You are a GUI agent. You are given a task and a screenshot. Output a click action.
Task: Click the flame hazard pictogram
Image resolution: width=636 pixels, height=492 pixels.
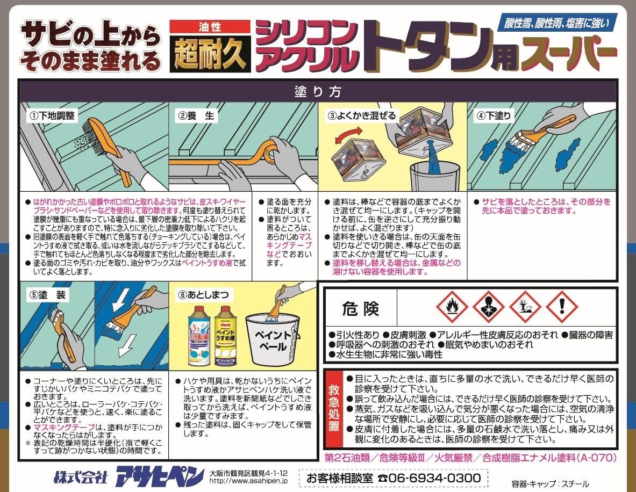click(x=451, y=307)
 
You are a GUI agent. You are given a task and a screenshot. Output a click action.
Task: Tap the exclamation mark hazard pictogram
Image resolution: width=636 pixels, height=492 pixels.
click(x=561, y=307)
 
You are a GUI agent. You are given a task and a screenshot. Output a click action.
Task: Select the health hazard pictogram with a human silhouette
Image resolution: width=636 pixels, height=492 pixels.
click(x=488, y=307)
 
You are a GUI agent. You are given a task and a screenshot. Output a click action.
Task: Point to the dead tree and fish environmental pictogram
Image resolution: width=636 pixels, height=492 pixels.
click(x=525, y=307)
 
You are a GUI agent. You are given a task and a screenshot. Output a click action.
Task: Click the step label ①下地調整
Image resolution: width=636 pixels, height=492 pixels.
click(x=52, y=115)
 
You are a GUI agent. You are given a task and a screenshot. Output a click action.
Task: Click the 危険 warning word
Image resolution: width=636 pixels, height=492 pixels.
click(x=361, y=309)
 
